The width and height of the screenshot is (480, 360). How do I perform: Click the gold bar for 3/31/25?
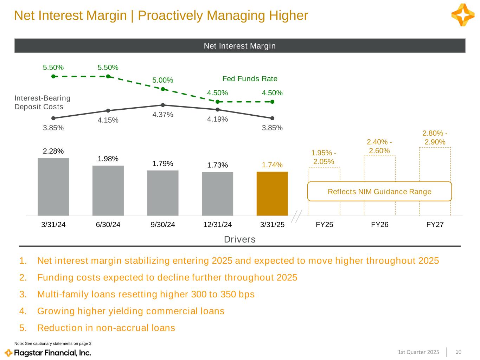click(272, 193)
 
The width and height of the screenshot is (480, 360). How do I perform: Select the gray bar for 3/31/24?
click(53, 187)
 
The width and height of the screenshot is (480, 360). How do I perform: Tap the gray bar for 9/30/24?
click(163, 193)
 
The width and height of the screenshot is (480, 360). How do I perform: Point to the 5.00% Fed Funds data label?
click(163, 80)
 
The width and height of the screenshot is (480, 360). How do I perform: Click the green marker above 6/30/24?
click(108, 76)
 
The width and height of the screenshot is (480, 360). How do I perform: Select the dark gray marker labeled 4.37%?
click(163, 105)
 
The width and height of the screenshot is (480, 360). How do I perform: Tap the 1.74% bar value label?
click(272, 165)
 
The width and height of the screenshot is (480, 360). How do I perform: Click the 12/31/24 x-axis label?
click(217, 225)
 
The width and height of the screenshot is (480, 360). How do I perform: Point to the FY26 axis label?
click(380, 225)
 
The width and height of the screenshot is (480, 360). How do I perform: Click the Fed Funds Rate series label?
click(250, 78)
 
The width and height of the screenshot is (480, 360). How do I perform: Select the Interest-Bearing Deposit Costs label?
click(43, 102)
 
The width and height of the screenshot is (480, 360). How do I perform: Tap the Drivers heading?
click(240, 239)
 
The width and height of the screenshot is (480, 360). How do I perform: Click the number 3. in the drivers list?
click(23, 294)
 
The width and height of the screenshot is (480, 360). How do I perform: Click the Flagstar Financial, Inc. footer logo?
click(48, 353)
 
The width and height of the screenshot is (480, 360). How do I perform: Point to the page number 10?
click(458, 352)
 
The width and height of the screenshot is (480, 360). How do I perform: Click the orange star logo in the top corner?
click(463, 15)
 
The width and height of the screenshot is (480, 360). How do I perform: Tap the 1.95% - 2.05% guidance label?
click(324, 157)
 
